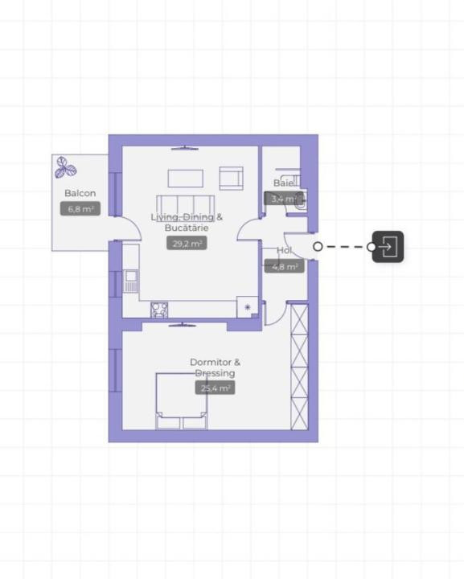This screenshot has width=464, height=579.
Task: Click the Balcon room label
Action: (x=80, y=193)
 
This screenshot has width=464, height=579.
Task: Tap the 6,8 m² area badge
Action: (x=80, y=209)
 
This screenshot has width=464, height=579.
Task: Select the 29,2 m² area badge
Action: (x=187, y=244)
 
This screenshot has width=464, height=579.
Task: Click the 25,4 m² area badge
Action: (x=216, y=388)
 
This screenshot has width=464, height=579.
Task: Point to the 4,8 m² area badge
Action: (x=285, y=266)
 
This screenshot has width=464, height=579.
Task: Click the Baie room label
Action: (x=284, y=183)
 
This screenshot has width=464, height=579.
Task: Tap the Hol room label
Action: (x=284, y=250)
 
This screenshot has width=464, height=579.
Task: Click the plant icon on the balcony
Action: (x=65, y=167)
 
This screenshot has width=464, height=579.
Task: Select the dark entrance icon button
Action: (x=388, y=247)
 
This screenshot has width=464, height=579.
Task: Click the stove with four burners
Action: (x=159, y=310)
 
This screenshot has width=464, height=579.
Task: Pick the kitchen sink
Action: (x=131, y=281)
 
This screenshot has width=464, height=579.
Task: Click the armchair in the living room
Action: (x=231, y=179)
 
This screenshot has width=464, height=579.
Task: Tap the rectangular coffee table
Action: (x=185, y=179)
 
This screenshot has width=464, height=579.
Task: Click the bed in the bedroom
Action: (x=181, y=401)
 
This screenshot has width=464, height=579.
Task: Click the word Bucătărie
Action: (x=187, y=228)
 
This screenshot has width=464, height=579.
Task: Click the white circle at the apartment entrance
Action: (x=318, y=246)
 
